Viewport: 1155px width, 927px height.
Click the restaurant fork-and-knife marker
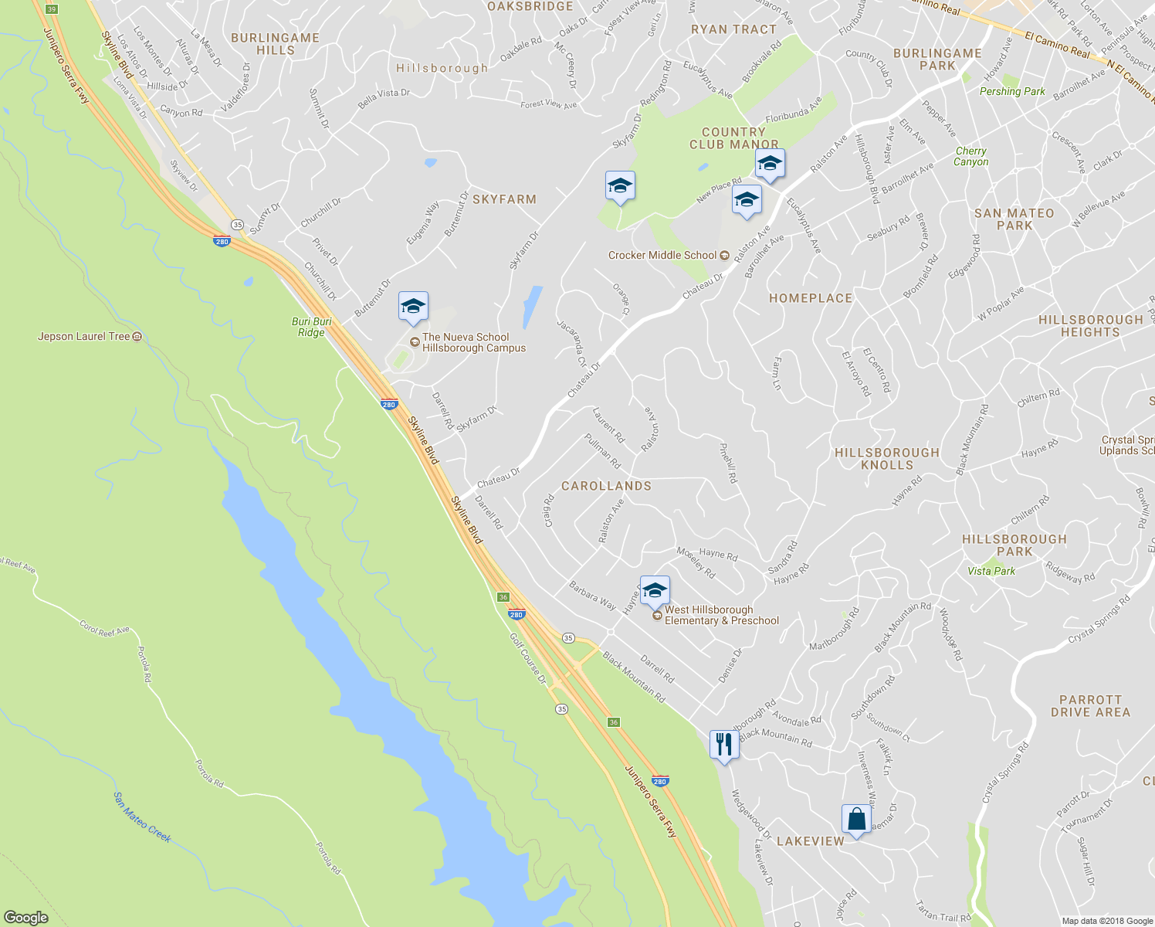click(723, 745)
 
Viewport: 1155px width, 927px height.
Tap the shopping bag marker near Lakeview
click(856, 820)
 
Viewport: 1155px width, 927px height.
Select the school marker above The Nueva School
click(413, 307)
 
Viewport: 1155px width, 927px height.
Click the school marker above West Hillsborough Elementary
click(655, 592)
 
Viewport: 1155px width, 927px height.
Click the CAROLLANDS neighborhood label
click(606, 486)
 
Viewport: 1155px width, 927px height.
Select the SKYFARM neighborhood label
click(504, 199)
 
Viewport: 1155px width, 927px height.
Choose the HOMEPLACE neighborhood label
click(811, 298)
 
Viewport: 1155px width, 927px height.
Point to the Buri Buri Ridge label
click(312, 327)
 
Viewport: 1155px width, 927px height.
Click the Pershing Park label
click(1012, 91)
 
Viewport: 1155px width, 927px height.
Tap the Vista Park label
click(991, 571)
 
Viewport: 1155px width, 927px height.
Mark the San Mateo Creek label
click(142, 817)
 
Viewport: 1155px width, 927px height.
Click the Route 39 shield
click(51, 9)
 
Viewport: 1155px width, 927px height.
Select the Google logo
click(25, 918)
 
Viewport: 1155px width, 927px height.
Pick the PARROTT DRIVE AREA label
click(1090, 706)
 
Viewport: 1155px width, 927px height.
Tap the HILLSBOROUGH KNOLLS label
click(887, 459)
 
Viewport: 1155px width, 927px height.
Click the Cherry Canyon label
click(970, 156)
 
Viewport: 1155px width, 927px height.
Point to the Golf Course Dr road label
click(528, 658)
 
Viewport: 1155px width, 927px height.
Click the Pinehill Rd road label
click(728, 463)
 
